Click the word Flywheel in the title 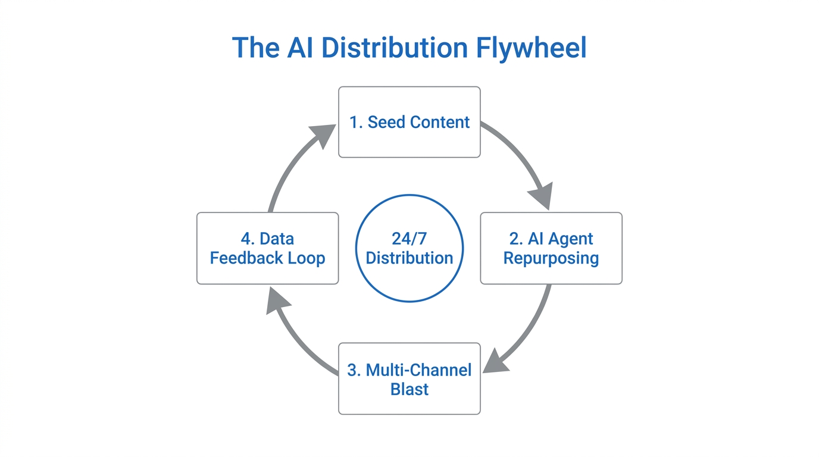click(531, 48)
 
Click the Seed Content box click(409, 122)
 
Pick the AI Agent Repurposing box click(551, 248)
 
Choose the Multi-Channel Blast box click(409, 378)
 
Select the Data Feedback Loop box click(267, 248)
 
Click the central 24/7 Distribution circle click(409, 248)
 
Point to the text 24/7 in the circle click(409, 239)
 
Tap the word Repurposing click(551, 258)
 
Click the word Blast click(409, 389)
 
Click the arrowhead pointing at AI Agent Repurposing click(542, 196)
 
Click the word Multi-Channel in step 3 click(418, 370)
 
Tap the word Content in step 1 click(439, 122)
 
